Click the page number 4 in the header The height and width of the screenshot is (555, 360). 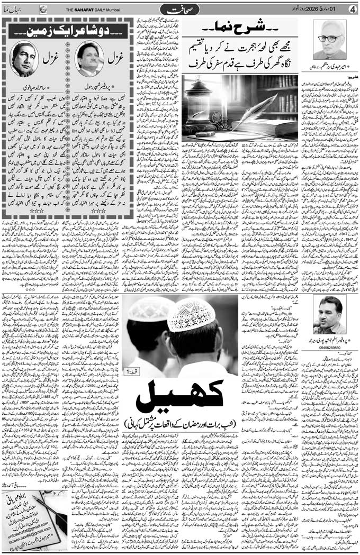coord(352,9)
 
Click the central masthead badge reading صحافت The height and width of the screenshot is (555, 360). coord(179,9)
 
